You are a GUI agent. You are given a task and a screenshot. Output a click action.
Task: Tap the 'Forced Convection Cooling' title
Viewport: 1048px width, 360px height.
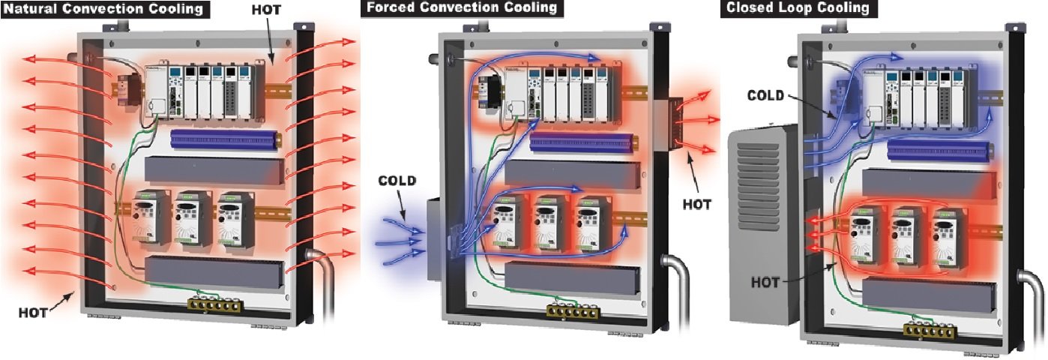tap(461, 8)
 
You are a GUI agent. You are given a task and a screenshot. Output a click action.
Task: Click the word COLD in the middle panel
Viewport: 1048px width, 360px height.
tap(397, 181)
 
